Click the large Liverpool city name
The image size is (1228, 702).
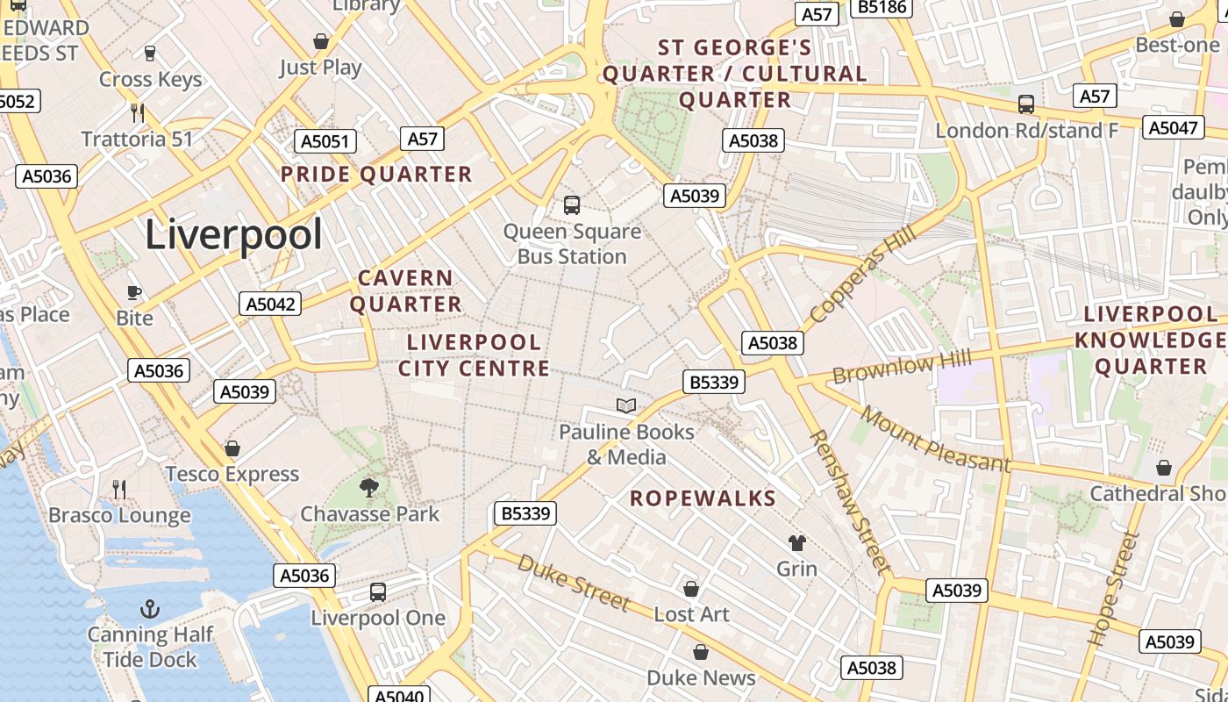(233, 234)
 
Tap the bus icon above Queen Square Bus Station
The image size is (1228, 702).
(572, 205)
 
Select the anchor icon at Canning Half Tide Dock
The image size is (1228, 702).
(150, 608)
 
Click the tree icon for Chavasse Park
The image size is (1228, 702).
(369, 487)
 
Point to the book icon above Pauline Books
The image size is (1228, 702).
(625, 405)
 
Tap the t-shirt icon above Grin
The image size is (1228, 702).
(796, 542)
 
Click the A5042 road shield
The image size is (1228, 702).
(270, 304)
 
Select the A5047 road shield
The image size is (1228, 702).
(1172, 128)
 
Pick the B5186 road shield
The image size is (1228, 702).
(882, 7)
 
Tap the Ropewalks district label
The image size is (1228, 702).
(703, 498)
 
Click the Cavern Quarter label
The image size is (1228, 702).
(406, 291)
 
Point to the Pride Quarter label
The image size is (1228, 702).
(376, 174)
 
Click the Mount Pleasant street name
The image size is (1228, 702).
(935, 439)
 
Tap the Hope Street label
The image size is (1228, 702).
(1113, 589)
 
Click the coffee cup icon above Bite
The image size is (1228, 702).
(134, 292)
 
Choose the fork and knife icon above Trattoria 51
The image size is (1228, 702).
(137, 112)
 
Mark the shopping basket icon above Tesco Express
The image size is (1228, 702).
(232, 448)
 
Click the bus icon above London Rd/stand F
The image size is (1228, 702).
(1025, 104)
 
